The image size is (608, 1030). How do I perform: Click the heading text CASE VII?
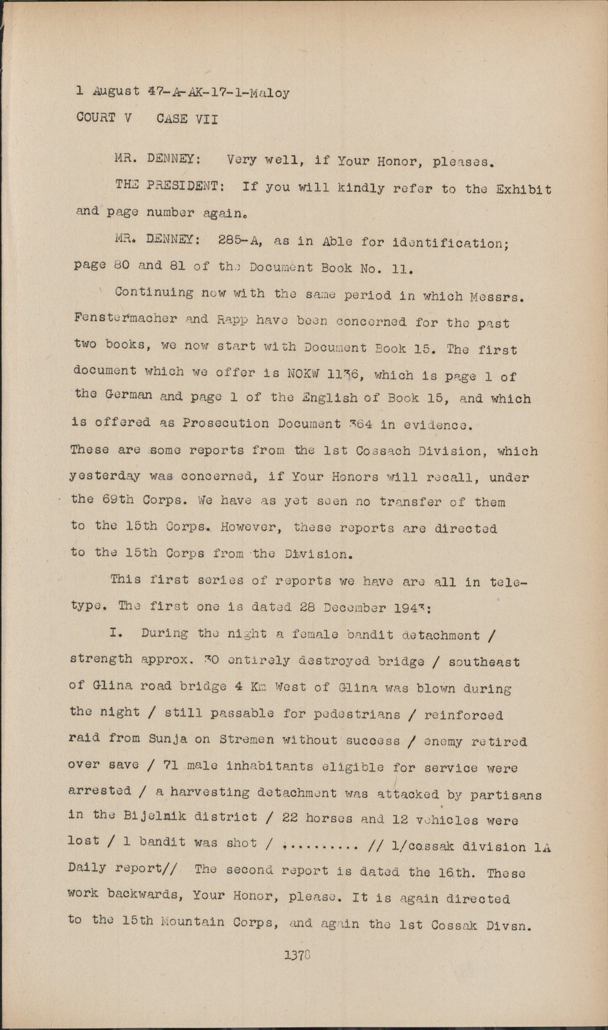pos(187,119)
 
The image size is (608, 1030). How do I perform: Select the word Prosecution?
pos(225,423)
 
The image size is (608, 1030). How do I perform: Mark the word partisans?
pos(506,794)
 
